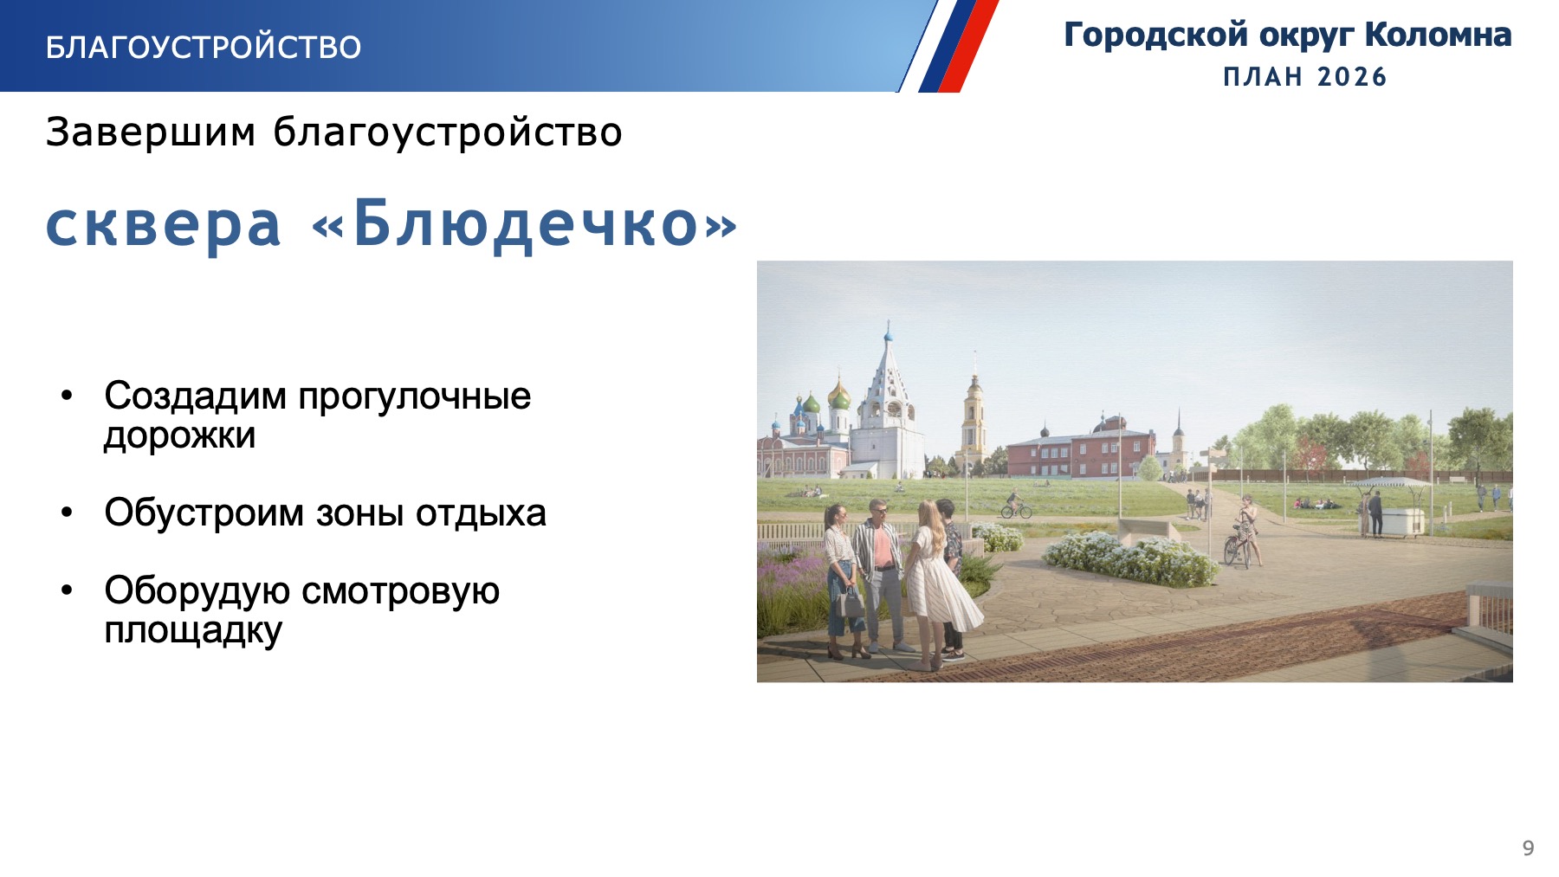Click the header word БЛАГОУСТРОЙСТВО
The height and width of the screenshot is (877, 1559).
[204, 47]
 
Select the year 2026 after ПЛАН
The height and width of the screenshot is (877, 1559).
[1352, 77]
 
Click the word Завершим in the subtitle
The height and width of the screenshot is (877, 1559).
[151, 132]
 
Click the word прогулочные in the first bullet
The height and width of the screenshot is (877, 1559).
[414, 397]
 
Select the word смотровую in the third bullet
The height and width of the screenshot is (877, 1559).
[400, 591]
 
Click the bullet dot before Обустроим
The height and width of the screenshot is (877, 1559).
[68, 513]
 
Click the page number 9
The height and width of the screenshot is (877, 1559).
[1528, 848]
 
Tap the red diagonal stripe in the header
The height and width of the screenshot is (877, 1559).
[969, 46]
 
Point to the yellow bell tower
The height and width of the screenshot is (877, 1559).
[974, 416]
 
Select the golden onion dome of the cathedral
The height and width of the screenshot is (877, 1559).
[838, 395]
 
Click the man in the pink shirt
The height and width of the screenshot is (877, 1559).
[882, 576]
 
